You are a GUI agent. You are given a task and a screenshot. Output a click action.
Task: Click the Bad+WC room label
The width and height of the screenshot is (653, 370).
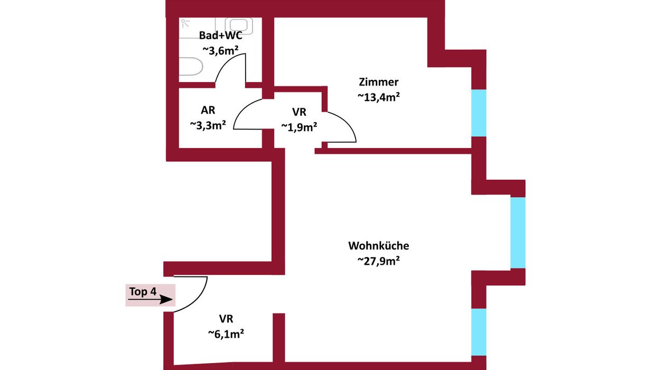(x=220, y=35)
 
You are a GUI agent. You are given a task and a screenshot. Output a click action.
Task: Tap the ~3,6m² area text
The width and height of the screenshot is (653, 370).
(x=220, y=50)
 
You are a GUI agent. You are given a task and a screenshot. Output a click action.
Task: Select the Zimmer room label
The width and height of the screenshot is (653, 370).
(x=378, y=82)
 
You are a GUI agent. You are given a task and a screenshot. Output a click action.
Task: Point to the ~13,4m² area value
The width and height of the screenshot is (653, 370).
(x=378, y=97)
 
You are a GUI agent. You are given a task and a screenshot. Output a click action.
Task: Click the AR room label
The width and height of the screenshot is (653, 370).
(x=208, y=110)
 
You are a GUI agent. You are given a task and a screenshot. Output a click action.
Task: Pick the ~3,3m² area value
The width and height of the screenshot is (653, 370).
(x=208, y=125)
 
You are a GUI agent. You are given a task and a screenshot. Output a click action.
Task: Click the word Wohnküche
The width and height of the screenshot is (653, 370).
(x=378, y=246)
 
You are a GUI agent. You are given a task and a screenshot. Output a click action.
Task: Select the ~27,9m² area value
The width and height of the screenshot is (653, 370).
(x=378, y=261)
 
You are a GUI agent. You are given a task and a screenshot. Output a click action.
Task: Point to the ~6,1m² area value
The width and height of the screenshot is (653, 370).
(x=226, y=334)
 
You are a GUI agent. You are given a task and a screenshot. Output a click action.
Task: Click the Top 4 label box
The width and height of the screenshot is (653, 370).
(x=150, y=295)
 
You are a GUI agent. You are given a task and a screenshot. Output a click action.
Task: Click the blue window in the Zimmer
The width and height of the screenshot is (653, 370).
(x=478, y=113)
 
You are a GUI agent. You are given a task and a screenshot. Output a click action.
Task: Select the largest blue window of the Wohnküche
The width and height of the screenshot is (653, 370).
(x=518, y=233)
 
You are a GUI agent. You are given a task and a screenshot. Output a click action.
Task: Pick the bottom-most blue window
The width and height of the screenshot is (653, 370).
(x=478, y=332)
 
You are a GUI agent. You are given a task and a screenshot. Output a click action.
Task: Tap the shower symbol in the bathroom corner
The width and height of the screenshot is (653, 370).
(x=185, y=24)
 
